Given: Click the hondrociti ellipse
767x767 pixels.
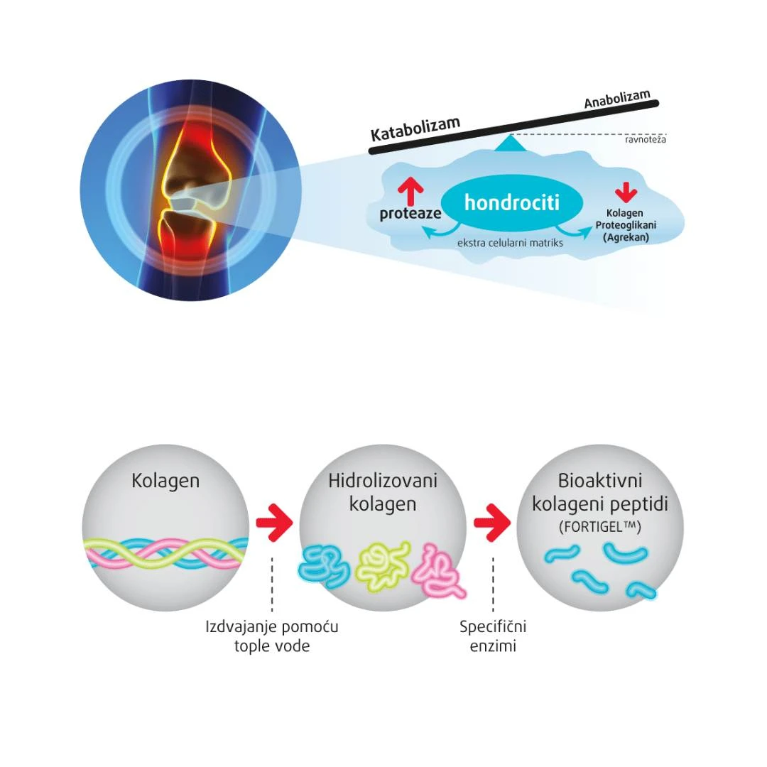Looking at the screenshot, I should point(511,203).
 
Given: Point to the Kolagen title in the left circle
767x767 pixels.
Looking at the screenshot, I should point(165,481).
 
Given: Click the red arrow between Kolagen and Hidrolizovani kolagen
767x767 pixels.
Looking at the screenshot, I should point(273,524).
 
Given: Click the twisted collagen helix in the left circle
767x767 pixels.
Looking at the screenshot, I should point(165,553).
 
